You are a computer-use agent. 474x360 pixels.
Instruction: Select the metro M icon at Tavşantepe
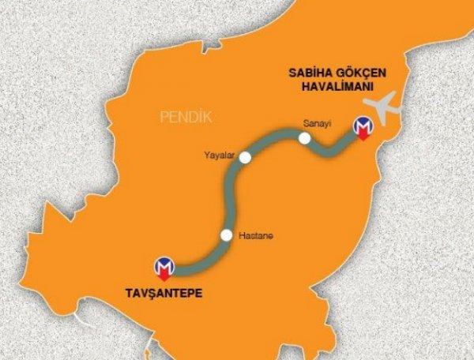(164, 267)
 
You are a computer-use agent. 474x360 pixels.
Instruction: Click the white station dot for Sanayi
(305, 139)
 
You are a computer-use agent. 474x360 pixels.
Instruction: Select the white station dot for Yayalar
(245, 157)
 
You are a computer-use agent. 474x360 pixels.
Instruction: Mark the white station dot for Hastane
(227, 234)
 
